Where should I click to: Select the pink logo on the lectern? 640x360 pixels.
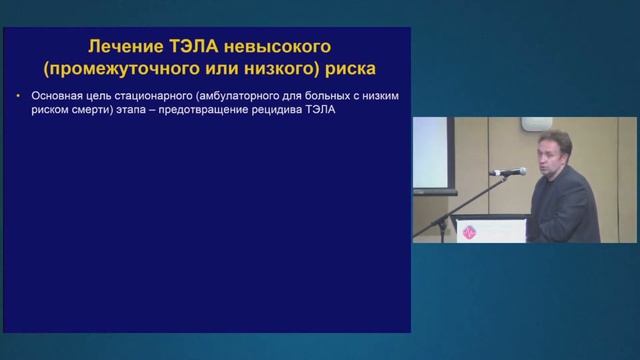(x=470, y=230)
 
